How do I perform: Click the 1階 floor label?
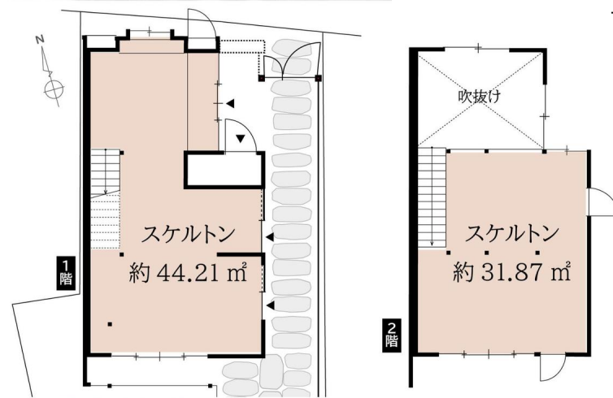[66, 273]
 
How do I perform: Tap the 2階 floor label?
[391, 335]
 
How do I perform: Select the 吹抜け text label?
[480, 97]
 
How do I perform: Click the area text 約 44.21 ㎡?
[188, 272]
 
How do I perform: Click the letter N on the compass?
[40, 39]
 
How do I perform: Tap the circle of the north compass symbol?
[54, 90]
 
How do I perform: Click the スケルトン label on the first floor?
[188, 234]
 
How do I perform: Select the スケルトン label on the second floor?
[511, 233]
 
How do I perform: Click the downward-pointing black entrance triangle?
[241, 138]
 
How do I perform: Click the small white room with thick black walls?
[224, 170]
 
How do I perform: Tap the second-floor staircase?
[433, 197]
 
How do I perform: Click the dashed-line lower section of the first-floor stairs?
[105, 221]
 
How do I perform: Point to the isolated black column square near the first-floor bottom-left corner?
[111, 324]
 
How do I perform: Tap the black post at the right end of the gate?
[318, 78]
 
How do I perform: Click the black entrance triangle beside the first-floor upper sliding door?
[230, 103]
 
